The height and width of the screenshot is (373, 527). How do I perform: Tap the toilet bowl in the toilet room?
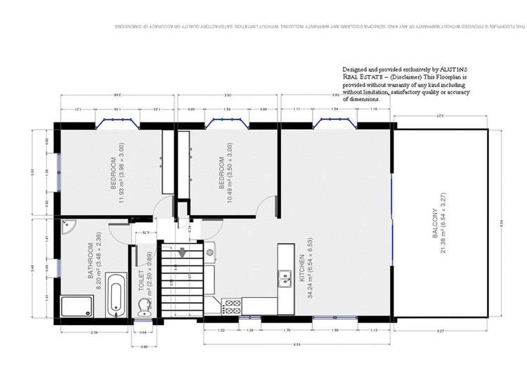145,306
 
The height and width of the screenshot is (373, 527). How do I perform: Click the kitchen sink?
285,279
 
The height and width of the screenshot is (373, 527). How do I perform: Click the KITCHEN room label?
301,268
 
